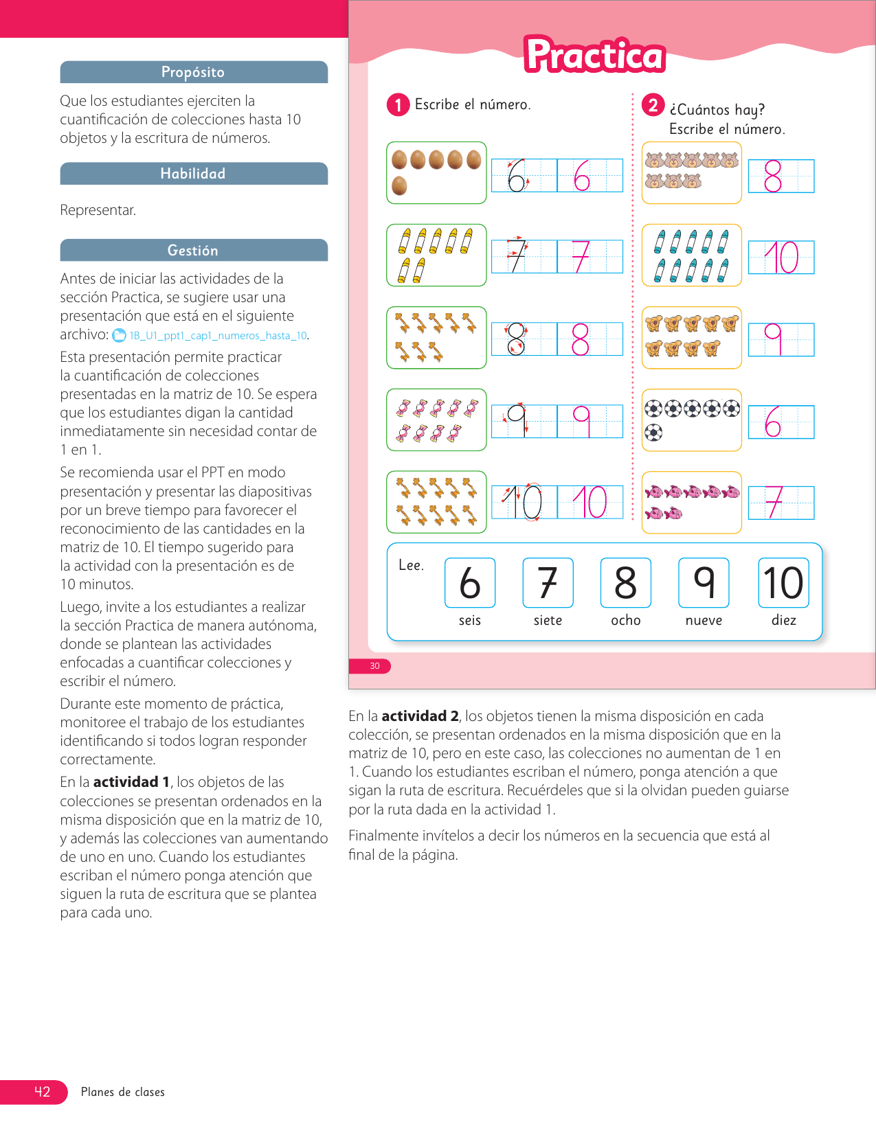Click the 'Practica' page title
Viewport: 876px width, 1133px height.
point(595,56)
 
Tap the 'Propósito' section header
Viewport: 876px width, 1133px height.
point(193,72)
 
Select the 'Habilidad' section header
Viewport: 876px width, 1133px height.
point(193,174)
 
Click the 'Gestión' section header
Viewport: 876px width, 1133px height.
point(193,251)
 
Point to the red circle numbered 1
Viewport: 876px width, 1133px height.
point(398,105)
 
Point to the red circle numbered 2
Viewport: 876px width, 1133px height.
point(653,105)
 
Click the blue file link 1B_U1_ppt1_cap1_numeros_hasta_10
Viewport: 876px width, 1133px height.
point(218,336)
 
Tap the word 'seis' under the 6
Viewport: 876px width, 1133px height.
point(470,620)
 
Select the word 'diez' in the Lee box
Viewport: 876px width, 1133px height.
point(784,620)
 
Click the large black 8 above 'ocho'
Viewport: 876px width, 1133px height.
point(626,583)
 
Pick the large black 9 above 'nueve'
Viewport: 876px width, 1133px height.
point(704,583)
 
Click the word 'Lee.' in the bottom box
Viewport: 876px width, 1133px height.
point(411,565)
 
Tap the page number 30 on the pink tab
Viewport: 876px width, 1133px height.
point(374,666)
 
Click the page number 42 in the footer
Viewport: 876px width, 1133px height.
point(42,1092)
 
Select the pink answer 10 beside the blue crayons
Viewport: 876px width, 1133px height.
point(781,257)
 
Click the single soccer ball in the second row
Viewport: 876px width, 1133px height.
point(654,433)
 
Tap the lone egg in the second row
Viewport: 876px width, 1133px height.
point(399,185)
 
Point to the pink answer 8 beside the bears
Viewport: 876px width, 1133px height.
point(773,176)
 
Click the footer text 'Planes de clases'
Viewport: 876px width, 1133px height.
point(123,1092)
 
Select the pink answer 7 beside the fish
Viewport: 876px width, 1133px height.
point(774,503)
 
